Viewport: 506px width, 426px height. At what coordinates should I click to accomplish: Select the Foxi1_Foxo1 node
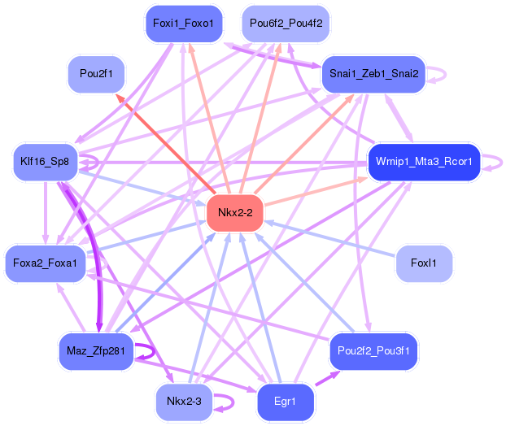pyautogui.click(x=182, y=24)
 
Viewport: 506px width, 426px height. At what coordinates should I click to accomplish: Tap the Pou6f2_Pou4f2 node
pyautogui.click(x=286, y=23)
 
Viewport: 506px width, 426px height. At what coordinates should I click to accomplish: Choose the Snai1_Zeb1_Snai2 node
pyautogui.click(x=373, y=74)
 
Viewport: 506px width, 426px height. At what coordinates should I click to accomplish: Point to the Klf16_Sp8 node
pyautogui.click(x=45, y=162)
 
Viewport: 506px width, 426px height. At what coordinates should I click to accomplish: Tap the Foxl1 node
pyautogui.click(x=423, y=263)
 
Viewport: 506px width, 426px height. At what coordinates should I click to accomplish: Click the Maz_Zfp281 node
pyautogui.click(x=95, y=350)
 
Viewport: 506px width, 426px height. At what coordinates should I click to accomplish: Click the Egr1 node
pyautogui.click(x=285, y=402)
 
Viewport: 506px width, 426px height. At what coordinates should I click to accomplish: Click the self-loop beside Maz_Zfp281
pyautogui.click(x=147, y=351)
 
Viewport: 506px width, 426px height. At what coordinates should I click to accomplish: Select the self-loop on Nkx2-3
pyautogui.click(x=226, y=402)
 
